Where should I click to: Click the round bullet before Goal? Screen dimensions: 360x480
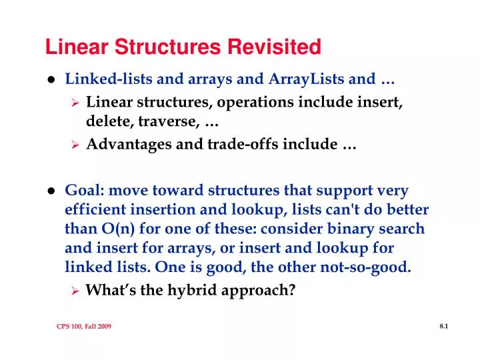point(50,191)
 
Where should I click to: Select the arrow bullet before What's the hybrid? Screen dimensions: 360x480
point(76,291)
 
